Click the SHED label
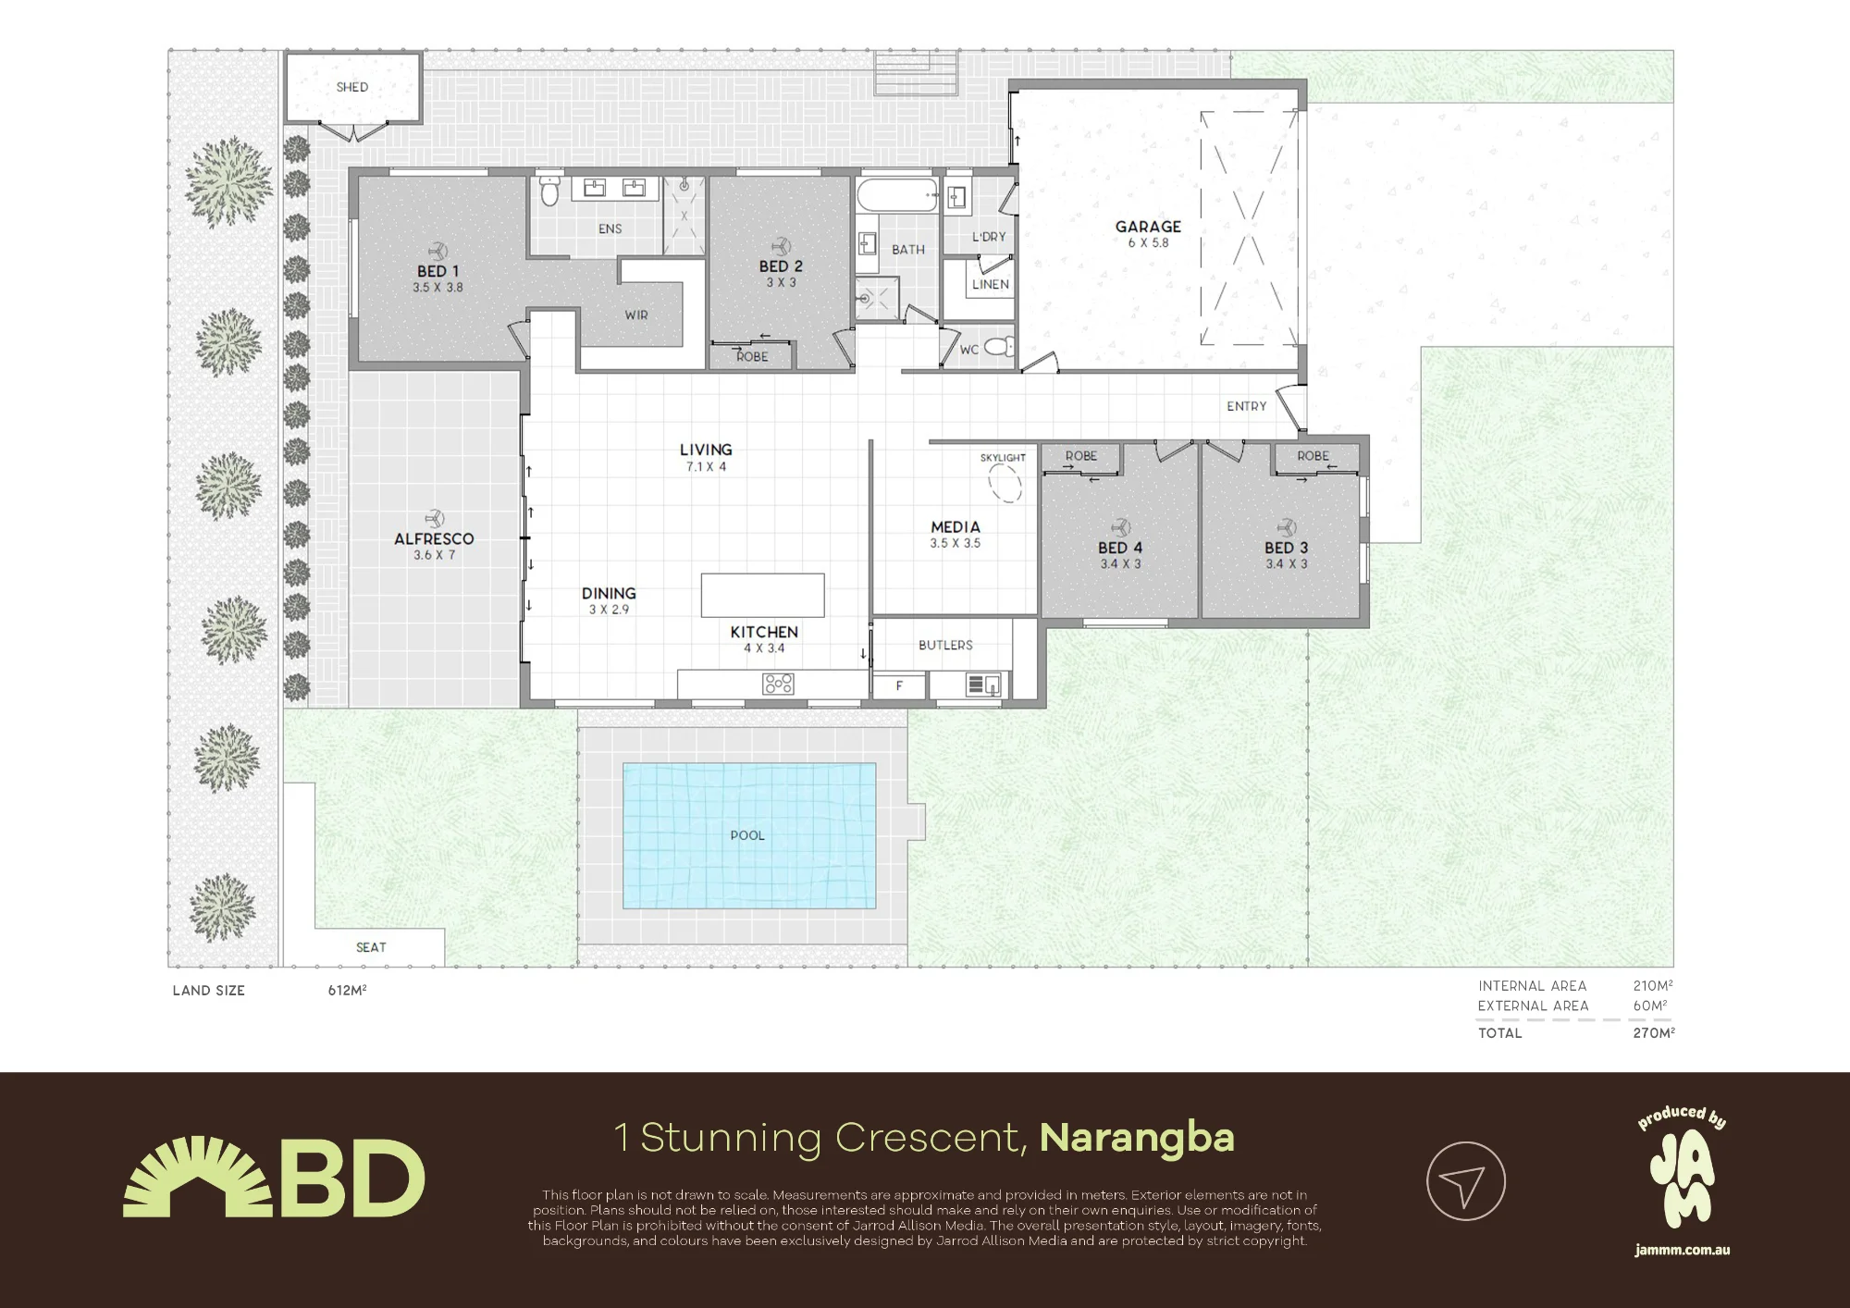point(352,87)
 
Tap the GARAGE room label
point(1148,227)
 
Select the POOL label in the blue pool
point(747,835)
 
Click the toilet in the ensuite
point(550,190)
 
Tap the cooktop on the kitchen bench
point(778,684)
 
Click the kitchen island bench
point(763,595)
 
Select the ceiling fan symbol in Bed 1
point(437,251)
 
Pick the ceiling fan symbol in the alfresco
point(434,519)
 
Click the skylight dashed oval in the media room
point(1005,482)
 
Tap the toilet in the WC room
point(997,348)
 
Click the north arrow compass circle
point(1466,1181)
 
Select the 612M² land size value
point(348,990)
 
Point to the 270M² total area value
point(1654,1032)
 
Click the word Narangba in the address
point(1137,1138)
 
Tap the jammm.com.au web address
point(1682,1251)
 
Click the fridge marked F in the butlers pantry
point(899,685)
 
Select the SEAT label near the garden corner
point(371,947)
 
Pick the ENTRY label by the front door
point(1247,406)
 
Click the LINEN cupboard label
point(991,284)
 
